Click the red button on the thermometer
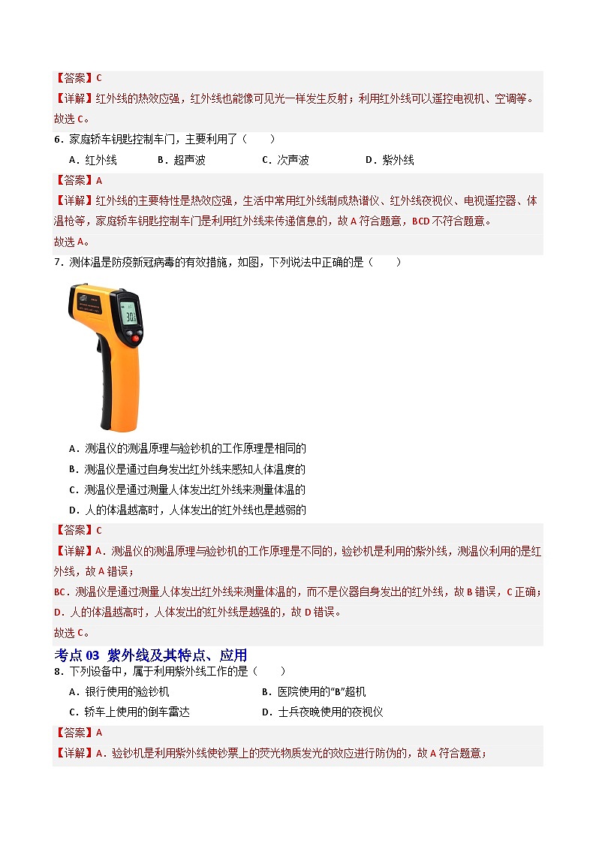(x=136, y=339)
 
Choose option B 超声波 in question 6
(x=181, y=160)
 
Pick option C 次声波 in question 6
(x=285, y=160)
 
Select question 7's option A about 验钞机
(x=188, y=449)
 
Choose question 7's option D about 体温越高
(x=188, y=510)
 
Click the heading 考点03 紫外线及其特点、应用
(x=151, y=655)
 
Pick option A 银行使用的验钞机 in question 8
(x=119, y=691)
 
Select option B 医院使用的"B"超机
(x=314, y=691)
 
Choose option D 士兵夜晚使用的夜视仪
(x=323, y=712)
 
